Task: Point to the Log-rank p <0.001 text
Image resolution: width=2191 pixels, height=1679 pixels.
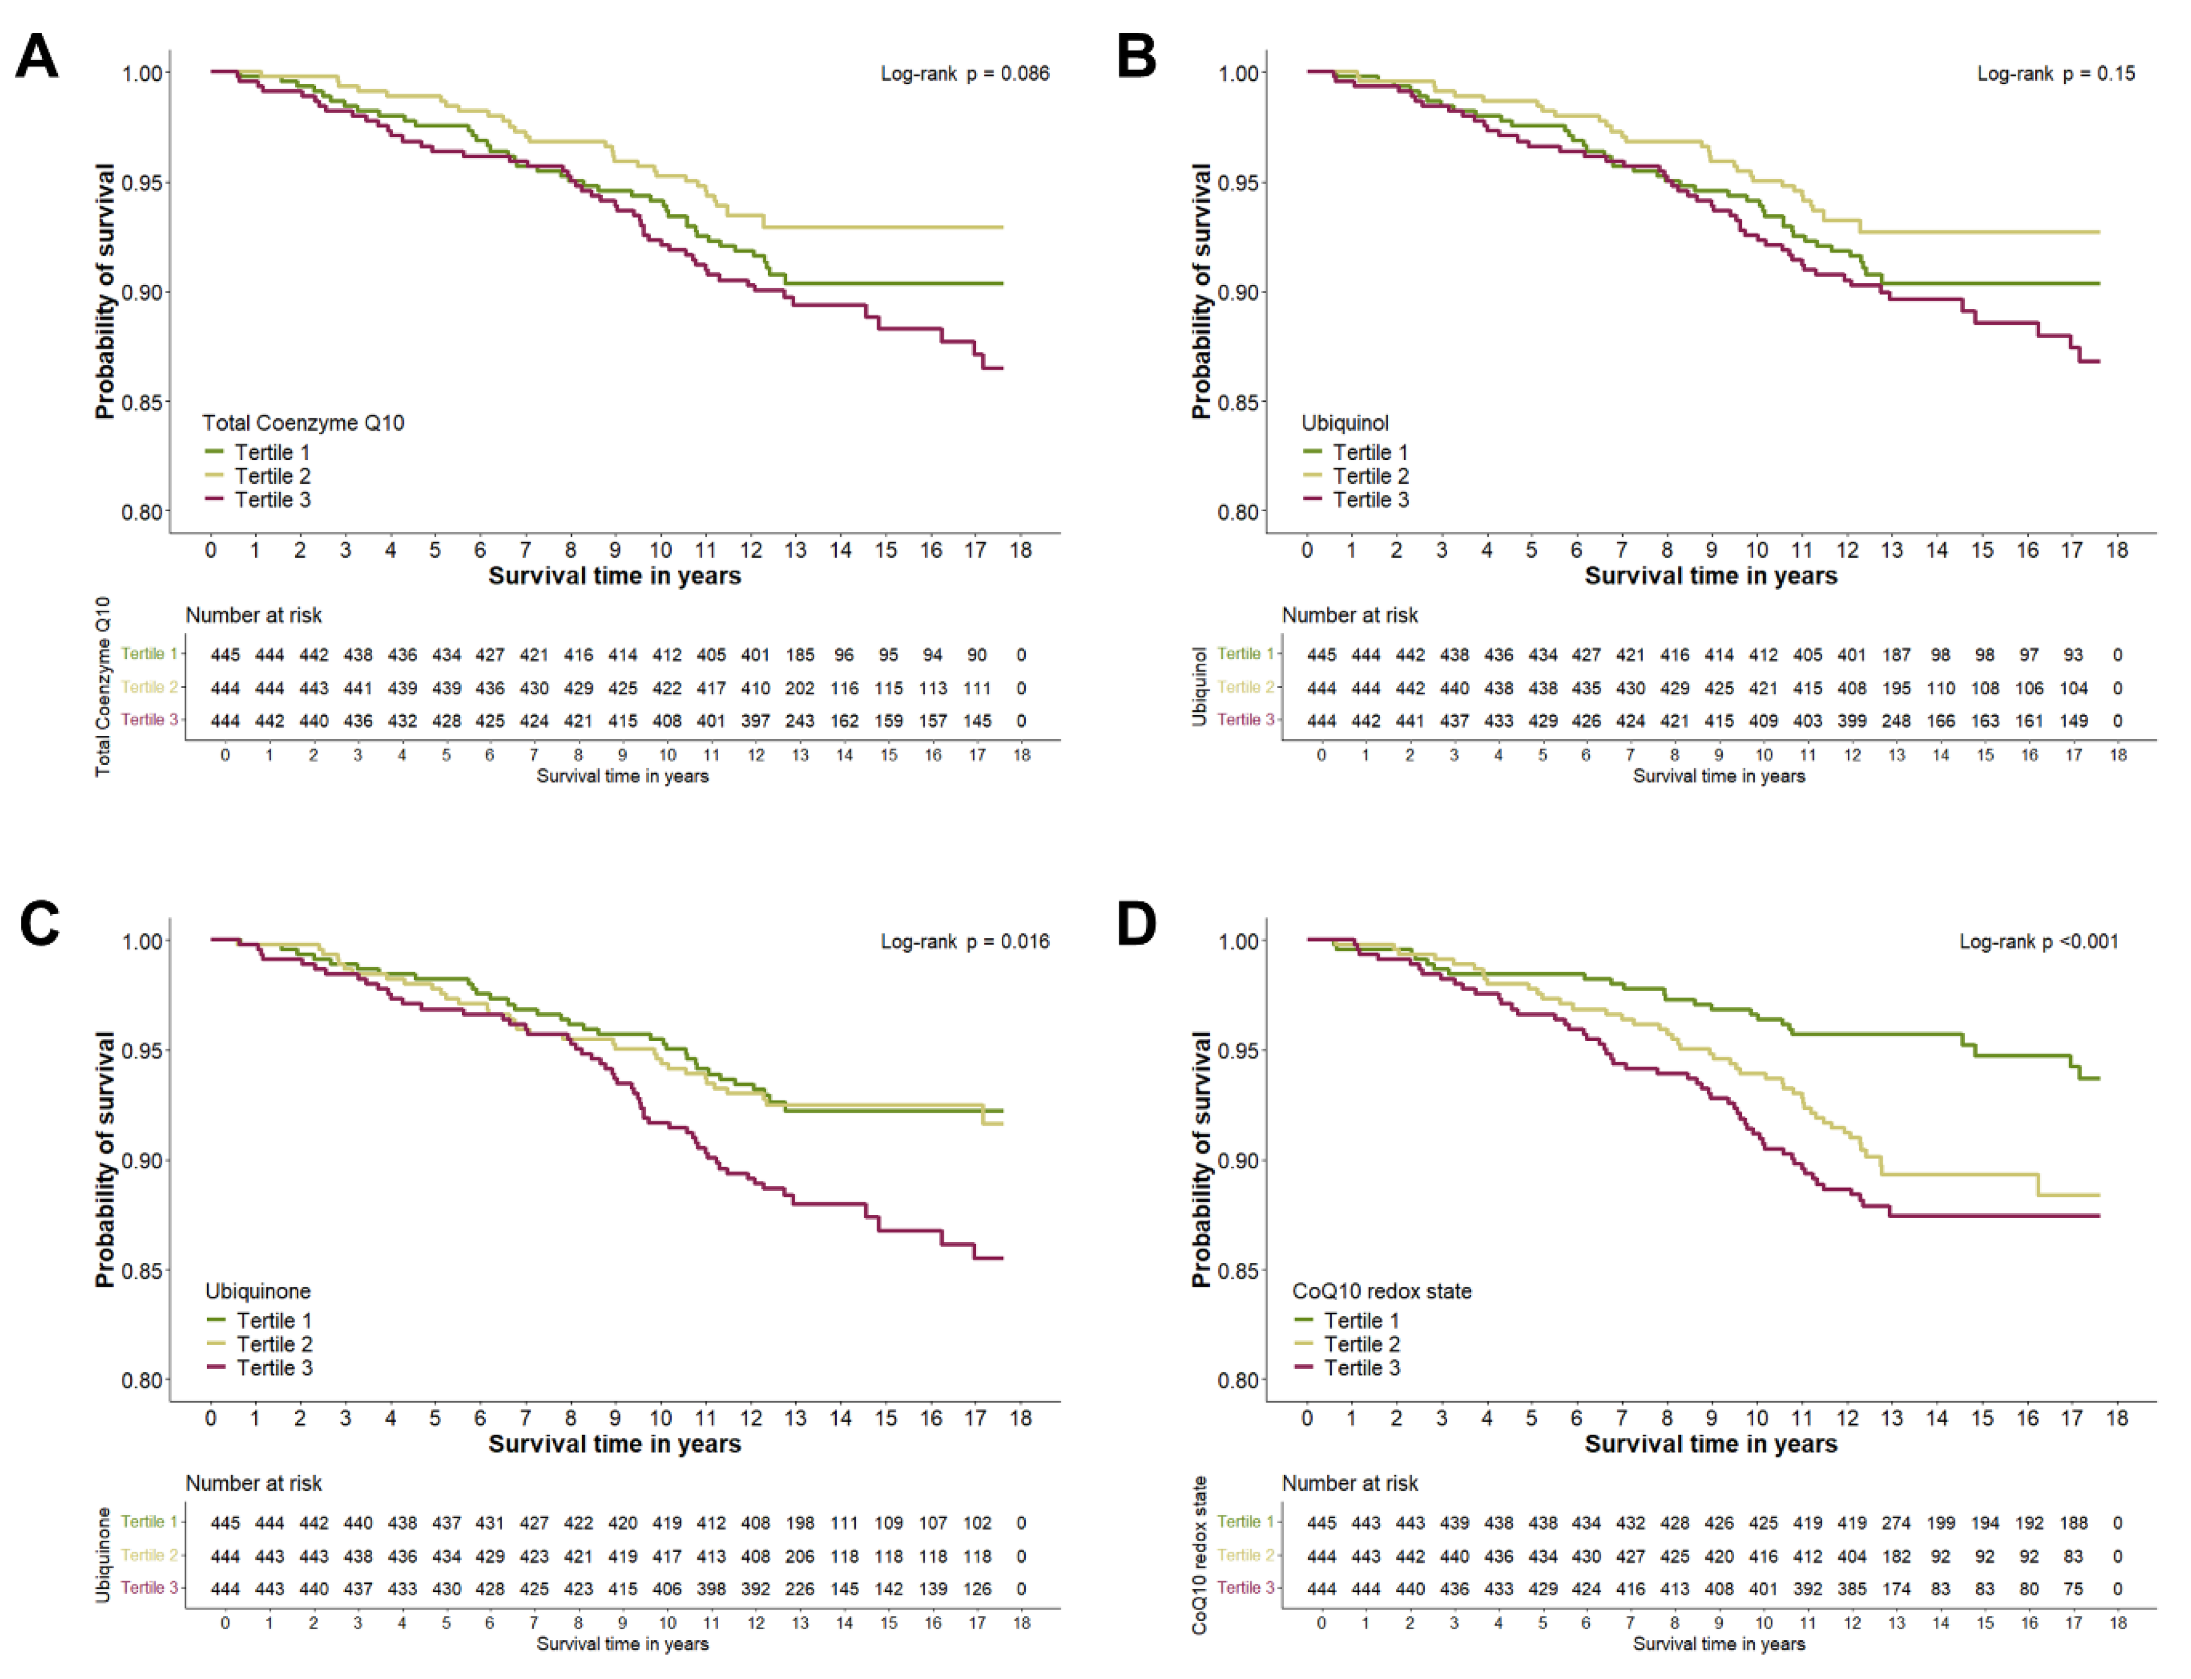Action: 2038,941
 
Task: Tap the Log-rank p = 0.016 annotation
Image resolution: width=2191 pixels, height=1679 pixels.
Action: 964,941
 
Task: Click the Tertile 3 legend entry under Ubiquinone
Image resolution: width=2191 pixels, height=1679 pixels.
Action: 260,1368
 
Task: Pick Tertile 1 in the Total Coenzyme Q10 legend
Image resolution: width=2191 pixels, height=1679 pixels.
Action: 258,453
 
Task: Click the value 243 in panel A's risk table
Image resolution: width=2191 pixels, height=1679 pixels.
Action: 799,721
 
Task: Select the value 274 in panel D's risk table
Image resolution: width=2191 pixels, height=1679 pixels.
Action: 1895,1523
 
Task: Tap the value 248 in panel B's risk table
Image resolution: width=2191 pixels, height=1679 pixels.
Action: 1895,721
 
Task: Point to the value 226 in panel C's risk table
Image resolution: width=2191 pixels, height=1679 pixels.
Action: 799,1589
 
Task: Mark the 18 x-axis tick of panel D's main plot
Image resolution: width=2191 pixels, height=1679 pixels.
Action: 2117,1418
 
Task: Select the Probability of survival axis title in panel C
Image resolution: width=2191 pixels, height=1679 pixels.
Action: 105,1159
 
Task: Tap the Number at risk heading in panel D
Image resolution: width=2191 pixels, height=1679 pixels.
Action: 1350,1483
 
